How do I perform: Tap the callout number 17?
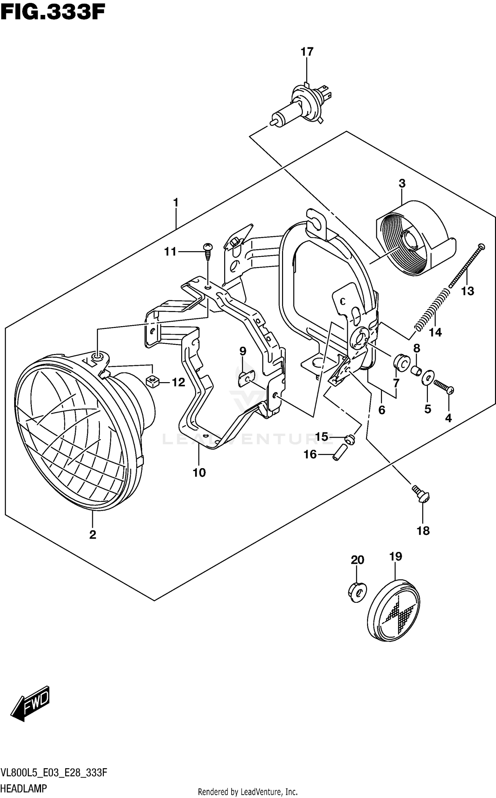tap(307, 52)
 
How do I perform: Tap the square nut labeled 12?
tap(152, 382)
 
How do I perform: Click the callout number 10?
tap(199, 473)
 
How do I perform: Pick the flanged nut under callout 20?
tap(357, 591)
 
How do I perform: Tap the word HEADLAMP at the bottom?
tap(23, 788)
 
